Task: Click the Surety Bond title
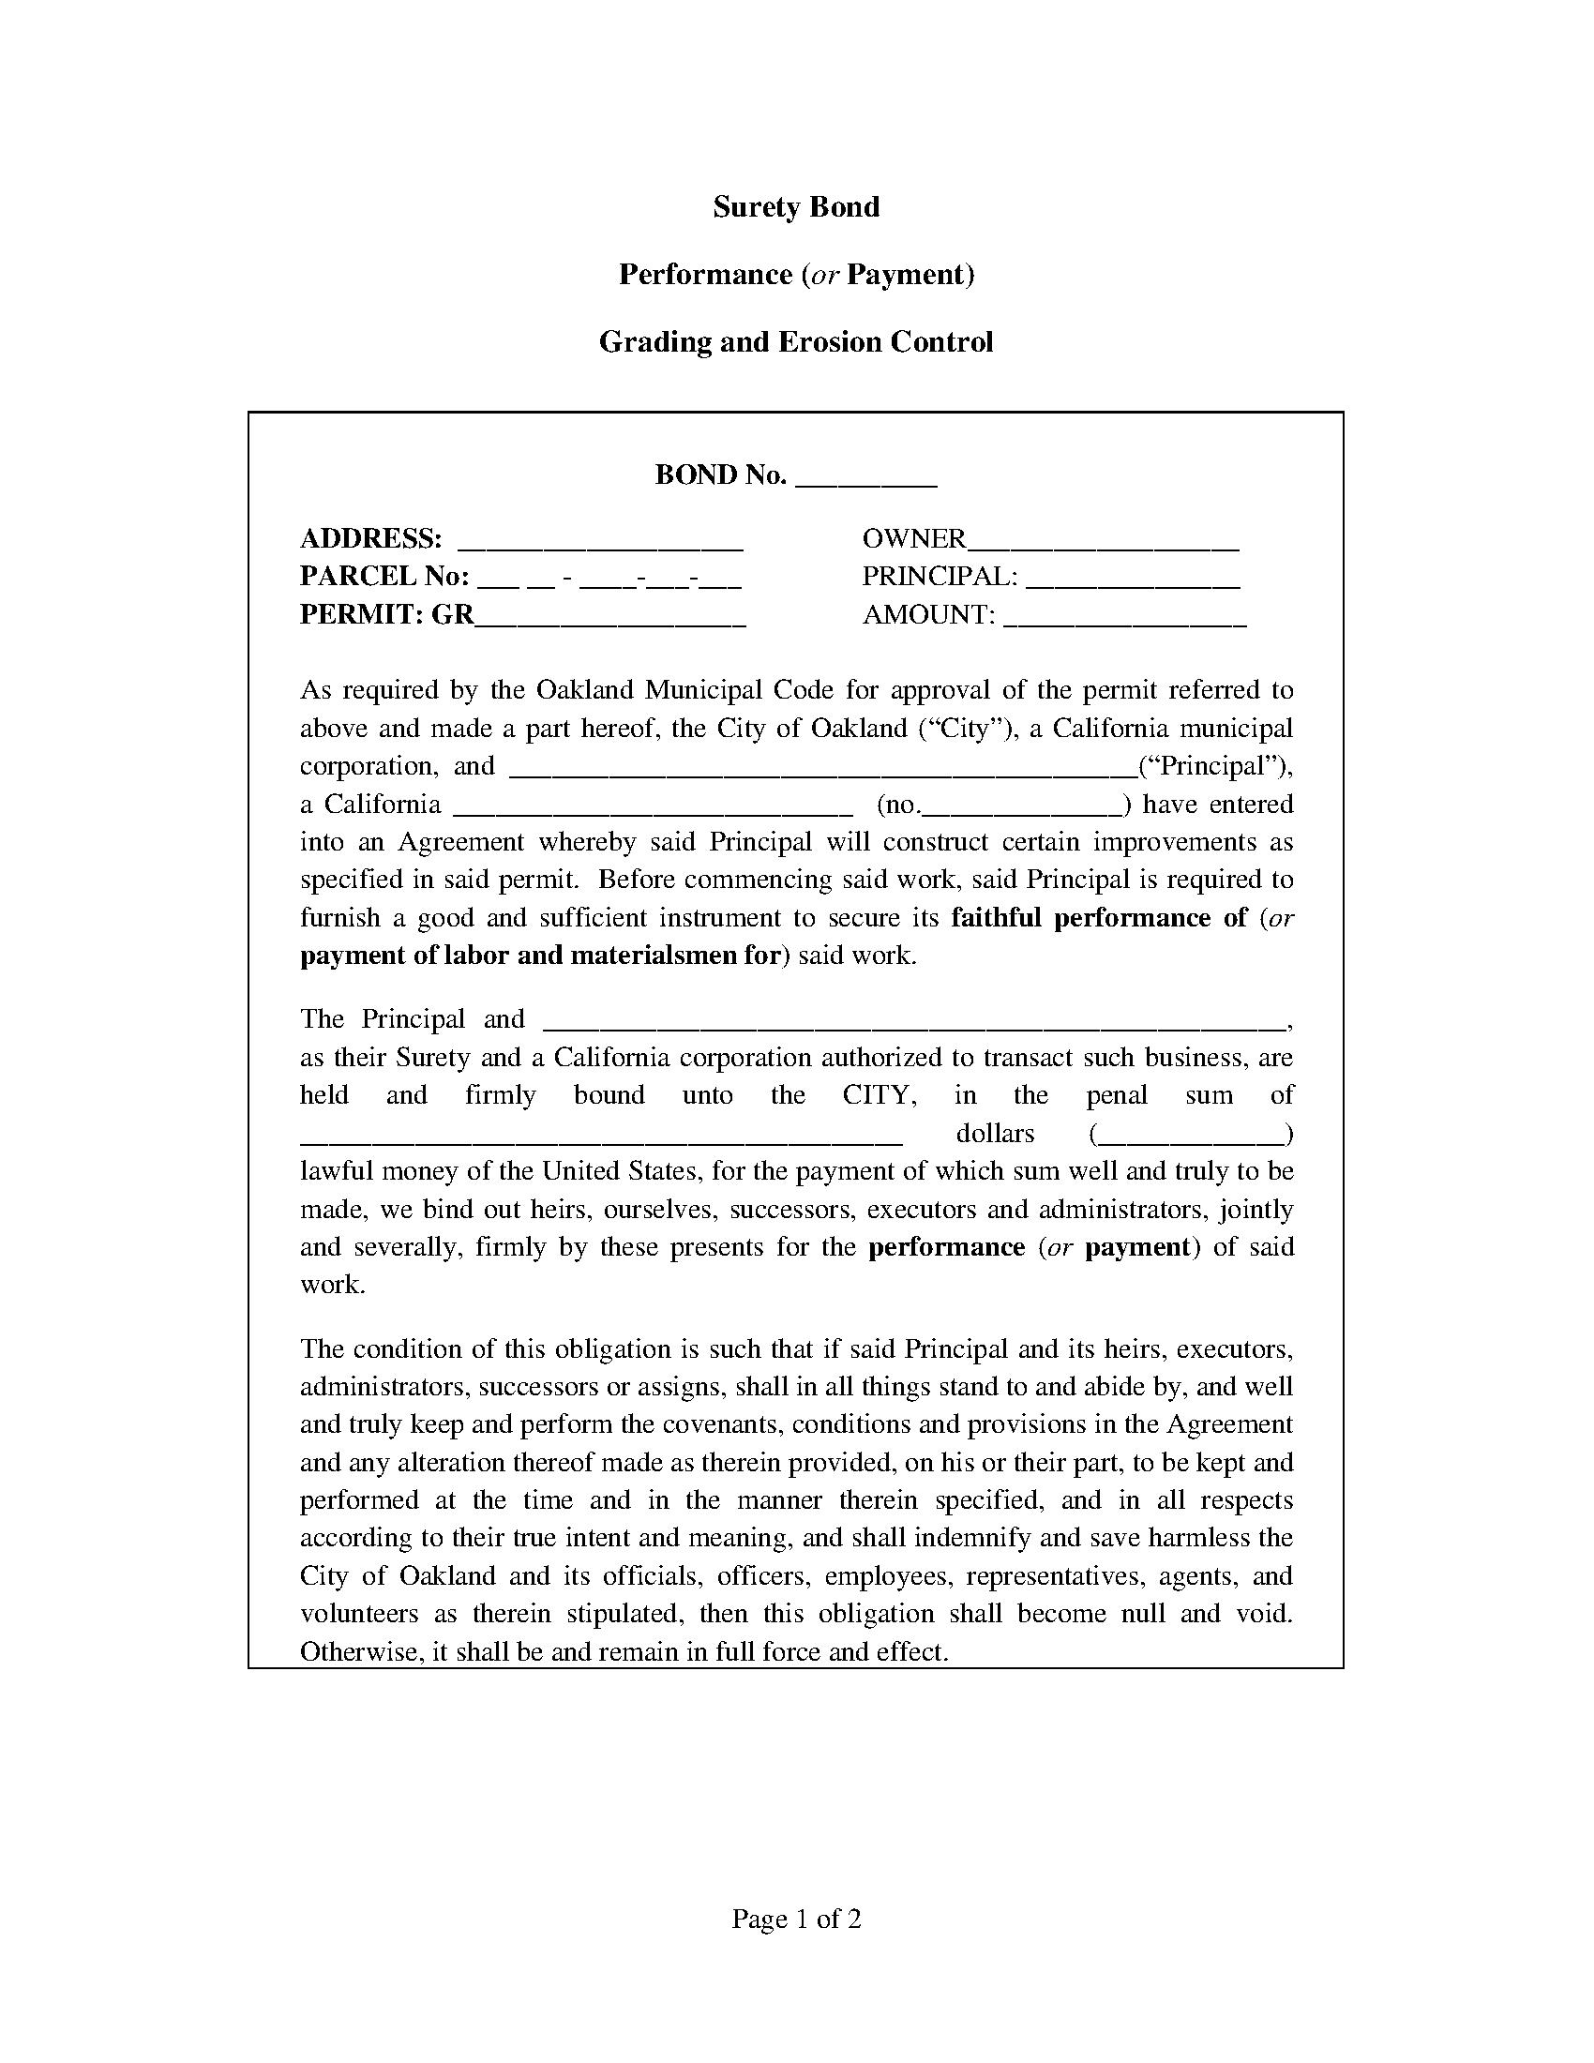pos(796,207)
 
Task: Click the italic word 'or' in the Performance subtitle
pos(823,275)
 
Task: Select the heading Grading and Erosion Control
pos(796,342)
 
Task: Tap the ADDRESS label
pos(370,538)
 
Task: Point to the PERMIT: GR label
pos(386,614)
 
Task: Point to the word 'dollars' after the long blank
pos(994,1134)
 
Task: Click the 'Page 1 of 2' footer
pos(796,1920)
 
